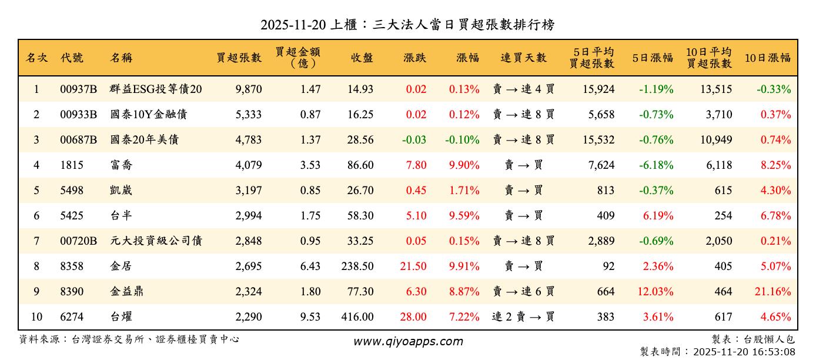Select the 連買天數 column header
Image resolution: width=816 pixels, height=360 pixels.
(523, 58)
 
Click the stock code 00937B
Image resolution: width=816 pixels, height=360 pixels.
(78, 89)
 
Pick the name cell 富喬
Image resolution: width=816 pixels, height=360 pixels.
(121, 165)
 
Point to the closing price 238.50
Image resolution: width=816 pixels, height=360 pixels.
(357, 266)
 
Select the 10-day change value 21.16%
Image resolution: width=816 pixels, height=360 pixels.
(775, 292)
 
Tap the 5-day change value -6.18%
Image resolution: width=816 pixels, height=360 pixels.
(656, 165)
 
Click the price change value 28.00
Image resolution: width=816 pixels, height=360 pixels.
(413, 317)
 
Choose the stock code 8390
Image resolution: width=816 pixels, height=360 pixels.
(72, 292)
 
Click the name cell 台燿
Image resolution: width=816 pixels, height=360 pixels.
(121, 317)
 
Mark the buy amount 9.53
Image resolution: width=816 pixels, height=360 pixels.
(310, 317)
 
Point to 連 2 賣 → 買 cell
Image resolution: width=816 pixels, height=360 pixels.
(523, 317)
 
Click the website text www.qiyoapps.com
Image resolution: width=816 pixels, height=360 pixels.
(407, 341)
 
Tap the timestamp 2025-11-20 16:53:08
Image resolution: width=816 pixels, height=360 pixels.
(744, 352)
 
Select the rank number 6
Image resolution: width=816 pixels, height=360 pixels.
(36, 216)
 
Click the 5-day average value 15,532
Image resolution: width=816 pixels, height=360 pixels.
(597, 140)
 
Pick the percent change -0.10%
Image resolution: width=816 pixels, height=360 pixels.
(462, 140)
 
